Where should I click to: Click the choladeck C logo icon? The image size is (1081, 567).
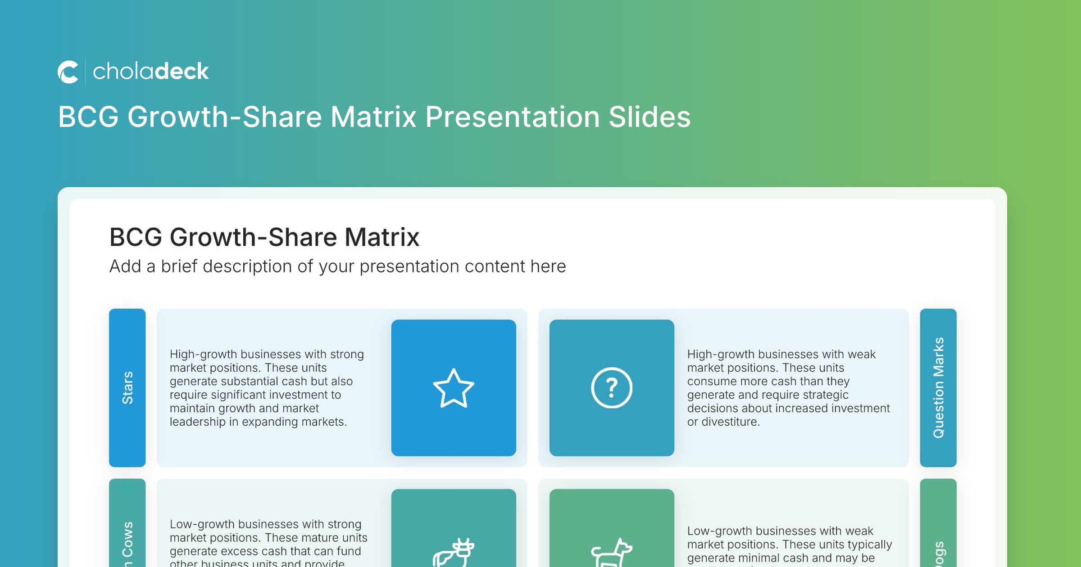pyautogui.click(x=68, y=72)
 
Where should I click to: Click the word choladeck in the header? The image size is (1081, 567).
pyautogui.click(x=150, y=72)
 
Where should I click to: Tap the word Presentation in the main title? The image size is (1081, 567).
pyautogui.click(x=512, y=117)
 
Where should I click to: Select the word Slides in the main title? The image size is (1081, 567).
pyautogui.click(x=650, y=117)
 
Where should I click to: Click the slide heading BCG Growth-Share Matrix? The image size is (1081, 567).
pyautogui.click(x=264, y=237)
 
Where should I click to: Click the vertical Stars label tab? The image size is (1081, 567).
pyautogui.click(x=127, y=387)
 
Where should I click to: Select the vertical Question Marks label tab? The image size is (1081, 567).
pyautogui.click(x=938, y=387)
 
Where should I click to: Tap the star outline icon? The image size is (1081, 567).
pyautogui.click(x=454, y=388)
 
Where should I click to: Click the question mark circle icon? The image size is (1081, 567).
pyautogui.click(x=612, y=388)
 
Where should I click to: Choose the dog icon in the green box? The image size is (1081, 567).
pyautogui.click(x=612, y=553)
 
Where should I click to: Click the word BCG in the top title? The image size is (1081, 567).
pyautogui.click(x=88, y=117)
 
